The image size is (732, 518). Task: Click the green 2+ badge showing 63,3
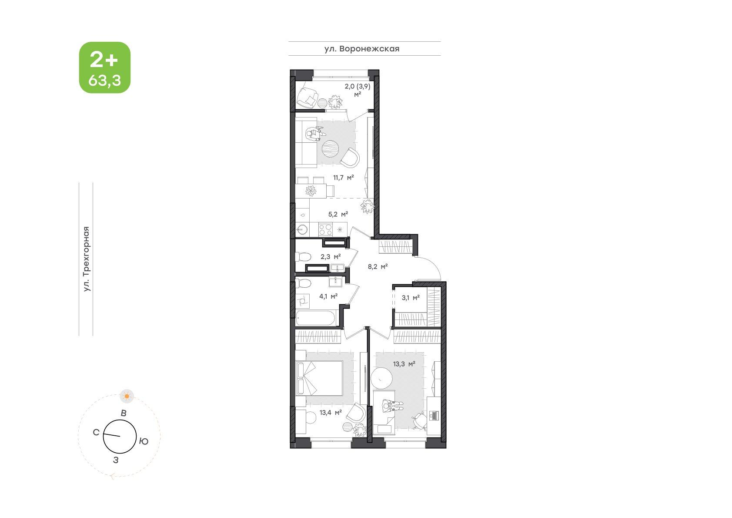[x=105, y=67]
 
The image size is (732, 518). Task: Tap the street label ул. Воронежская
[x=362, y=49]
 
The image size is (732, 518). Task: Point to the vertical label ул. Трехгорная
[x=86, y=259]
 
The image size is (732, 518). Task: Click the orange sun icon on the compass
[x=127, y=396]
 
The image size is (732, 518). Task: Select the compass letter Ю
[x=144, y=441]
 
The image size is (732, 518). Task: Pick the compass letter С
[x=96, y=432]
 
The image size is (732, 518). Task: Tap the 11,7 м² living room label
[x=344, y=178]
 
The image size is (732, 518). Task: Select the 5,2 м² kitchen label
[x=338, y=214]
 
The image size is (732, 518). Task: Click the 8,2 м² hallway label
[x=378, y=266]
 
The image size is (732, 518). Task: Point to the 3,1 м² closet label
[x=411, y=298]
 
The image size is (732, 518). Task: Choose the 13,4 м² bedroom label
[x=331, y=412]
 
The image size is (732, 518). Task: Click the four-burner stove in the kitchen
[x=325, y=229]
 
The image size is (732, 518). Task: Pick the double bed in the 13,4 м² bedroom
[x=319, y=378]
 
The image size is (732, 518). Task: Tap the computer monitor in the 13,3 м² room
[x=434, y=415]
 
